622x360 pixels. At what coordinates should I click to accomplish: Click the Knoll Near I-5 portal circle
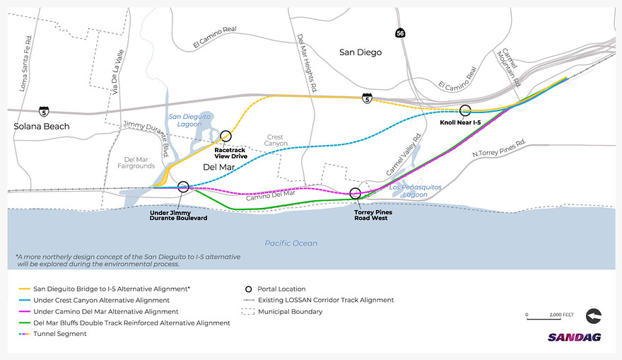pos(465,110)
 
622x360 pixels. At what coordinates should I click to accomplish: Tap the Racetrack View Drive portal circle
pos(225,136)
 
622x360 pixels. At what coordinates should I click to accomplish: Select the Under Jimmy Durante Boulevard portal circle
pos(183,187)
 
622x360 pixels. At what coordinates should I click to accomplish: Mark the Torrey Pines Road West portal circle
pos(356,193)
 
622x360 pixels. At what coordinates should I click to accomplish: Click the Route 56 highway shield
pos(400,33)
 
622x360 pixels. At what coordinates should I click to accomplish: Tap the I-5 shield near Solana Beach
pos(44,112)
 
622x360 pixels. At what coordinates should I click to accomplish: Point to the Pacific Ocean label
pos(291,243)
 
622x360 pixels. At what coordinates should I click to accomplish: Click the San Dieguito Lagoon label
pos(189,120)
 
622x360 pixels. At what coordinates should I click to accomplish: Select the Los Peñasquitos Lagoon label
pos(415,190)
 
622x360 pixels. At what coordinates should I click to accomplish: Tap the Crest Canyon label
pos(276,140)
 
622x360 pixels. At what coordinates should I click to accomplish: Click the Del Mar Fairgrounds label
pos(136,163)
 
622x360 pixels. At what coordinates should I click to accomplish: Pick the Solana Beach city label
pos(42,127)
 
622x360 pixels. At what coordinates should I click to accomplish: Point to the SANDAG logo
pos(575,337)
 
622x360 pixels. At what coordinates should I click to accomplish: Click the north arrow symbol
pos(594,316)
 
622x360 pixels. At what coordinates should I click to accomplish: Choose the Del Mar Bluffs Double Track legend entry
pos(124,323)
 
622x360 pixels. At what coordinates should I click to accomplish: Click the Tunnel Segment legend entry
pos(53,334)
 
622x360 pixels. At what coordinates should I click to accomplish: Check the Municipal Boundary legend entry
pos(282,312)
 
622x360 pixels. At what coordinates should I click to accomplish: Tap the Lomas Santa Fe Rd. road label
pos(25,64)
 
